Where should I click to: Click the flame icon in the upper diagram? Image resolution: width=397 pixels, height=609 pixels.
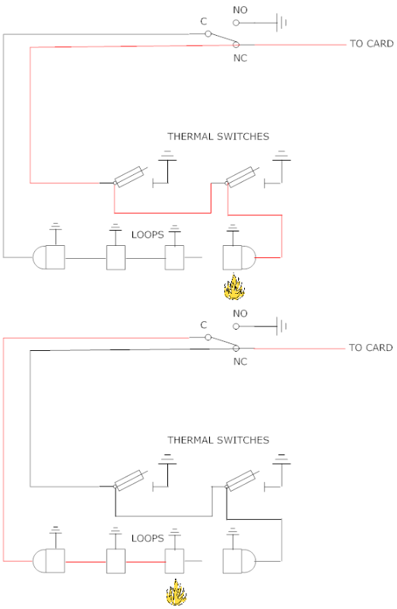tap(234, 287)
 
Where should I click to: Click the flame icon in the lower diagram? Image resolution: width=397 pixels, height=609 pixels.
tap(176, 592)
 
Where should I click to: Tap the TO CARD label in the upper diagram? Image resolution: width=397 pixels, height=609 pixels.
tap(371, 44)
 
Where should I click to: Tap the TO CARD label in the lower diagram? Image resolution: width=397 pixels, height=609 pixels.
tap(370, 348)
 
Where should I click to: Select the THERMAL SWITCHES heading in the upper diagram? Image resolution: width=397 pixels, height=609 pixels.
tap(218, 137)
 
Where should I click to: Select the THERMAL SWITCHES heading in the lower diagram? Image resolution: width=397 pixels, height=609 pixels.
tap(218, 440)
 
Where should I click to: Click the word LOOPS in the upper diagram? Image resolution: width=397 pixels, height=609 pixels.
tap(148, 234)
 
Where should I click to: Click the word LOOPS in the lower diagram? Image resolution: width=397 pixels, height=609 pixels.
tap(148, 538)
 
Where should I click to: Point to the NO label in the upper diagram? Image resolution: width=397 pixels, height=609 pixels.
tap(240, 10)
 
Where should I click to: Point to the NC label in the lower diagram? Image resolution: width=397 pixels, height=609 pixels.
tap(240, 362)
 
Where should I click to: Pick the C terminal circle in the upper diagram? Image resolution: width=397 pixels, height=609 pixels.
tap(208, 33)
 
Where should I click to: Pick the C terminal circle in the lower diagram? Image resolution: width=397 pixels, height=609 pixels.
tap(208, 337)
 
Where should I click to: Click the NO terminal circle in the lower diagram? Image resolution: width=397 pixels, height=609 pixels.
tap(236, 327)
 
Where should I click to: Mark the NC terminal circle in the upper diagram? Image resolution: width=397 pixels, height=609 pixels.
tap(236, 45)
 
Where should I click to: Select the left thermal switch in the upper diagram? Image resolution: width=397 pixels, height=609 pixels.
tap(130, 177)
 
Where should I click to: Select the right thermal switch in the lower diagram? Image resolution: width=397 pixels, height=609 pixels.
tap(242, 480)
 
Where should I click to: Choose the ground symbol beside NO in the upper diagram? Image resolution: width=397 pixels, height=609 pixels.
tap(281, 23)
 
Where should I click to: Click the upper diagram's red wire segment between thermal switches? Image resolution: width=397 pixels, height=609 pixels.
tap(163, 213)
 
